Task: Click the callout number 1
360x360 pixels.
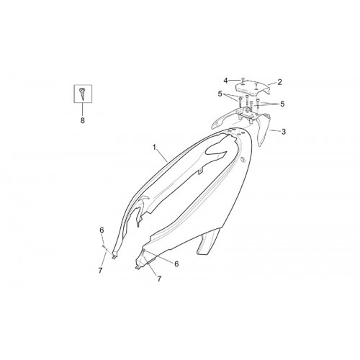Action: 154,147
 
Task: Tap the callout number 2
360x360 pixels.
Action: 279,82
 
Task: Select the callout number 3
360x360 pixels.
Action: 284,132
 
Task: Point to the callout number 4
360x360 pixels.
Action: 225,81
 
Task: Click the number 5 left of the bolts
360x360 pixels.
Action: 220,94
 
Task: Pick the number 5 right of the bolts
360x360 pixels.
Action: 282,104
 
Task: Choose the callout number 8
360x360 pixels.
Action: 83,120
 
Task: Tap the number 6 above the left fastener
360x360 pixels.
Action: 102,230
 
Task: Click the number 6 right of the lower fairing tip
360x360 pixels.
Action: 176,264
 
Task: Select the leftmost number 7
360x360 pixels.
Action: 100,270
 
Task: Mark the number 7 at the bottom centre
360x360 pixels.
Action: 159,279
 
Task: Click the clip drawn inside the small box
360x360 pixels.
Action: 82,94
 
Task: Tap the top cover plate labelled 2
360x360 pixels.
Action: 253,88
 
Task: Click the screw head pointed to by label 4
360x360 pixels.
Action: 243,78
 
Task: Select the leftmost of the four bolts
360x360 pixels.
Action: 240,102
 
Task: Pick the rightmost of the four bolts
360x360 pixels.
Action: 258,105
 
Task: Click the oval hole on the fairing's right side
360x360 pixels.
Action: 243,159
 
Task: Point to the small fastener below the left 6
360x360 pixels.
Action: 104,246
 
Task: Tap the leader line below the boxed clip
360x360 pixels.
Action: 83,110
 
